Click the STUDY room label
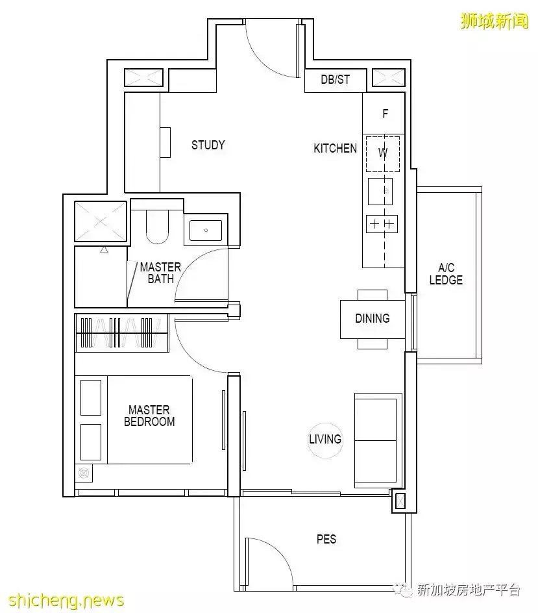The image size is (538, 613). [208, 145]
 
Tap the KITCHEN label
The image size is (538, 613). [336, 149]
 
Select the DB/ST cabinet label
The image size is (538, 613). [336, 80]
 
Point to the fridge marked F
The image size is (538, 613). [384, 114]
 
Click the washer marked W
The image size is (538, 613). [383, 154]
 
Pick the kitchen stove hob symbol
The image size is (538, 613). [382, 224]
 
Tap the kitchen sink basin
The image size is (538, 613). [380, 192]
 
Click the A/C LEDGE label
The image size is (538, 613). [446, 274]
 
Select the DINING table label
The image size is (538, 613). [373, 318]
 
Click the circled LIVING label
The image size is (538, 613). [325, 440]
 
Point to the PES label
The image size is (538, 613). [326, 540]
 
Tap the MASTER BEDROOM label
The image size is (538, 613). [149, 416]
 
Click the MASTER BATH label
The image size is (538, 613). [160, 273]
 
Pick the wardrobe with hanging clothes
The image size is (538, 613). [122, 332]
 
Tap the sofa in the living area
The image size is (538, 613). [378, 440]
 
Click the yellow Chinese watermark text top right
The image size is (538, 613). [495, 21]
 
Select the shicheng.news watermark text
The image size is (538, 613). [66, 600]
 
